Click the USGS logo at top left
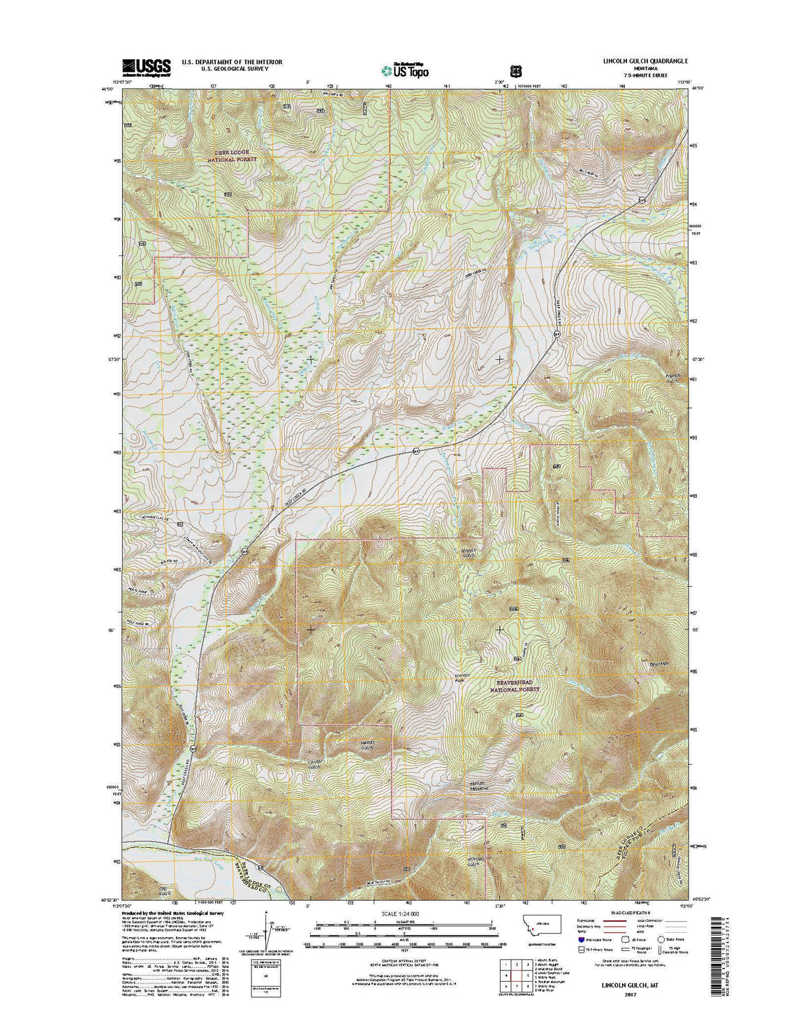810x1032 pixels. (147, 66)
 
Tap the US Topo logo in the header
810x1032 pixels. (405, 69)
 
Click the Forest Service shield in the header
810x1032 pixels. (515, 70)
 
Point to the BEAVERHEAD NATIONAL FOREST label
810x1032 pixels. (515, 685)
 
